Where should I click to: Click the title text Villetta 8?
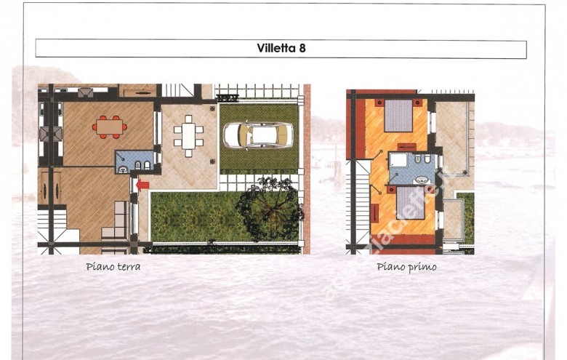coord(281,49)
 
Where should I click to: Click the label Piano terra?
coord(113,267)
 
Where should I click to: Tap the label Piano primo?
coord(406,267)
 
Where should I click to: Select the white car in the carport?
coord(258,135)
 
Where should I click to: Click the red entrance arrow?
coord(142,185)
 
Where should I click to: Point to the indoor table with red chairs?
coord(110,127)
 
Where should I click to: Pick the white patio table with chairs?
coord(188,135)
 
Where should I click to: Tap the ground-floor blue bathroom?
coord(134,162)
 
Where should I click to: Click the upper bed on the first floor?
coord(398,115)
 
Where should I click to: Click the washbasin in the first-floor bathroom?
coord(421,179)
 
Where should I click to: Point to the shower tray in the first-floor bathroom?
coord(397,161)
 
